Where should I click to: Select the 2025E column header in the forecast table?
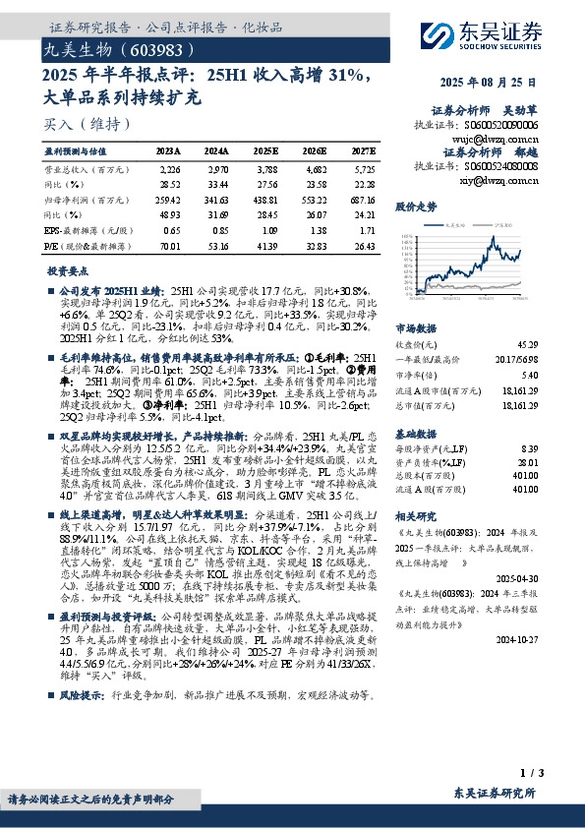[265, 151]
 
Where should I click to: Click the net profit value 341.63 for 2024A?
[217, 200]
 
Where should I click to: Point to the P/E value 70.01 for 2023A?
[169, 246]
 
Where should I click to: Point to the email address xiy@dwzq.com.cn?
[499, 180]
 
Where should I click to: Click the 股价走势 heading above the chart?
[416, 207]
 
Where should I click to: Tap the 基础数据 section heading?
[416, 434]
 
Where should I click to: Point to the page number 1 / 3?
[530, 775]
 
